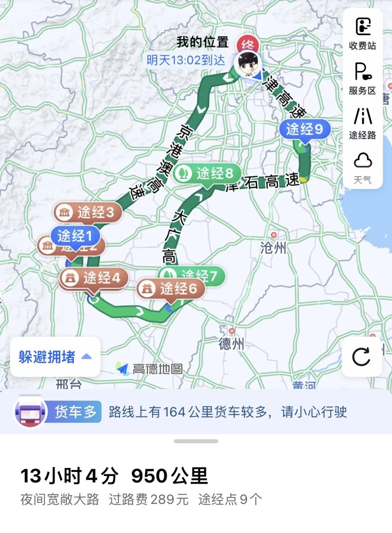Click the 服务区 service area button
(x=363, y=78)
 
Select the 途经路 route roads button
(x=363, y=123)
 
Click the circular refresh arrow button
(x=362, y=357)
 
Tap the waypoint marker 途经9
(x=305, y=129)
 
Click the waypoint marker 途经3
(x=88, y=212)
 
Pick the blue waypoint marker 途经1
(x=75, y=236)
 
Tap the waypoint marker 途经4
(x=94, y=278)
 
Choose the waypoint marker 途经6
(x=171, y=289)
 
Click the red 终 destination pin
(x=248, y=44)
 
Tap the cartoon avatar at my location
(x=248, y=63)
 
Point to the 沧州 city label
(x=273, y=248)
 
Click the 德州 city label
(x=231, y=343)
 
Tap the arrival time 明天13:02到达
(x=186, y=60)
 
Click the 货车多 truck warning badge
(x=74, y=412)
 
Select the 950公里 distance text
(x=170, y=476)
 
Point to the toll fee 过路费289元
(x=149, y=500)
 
